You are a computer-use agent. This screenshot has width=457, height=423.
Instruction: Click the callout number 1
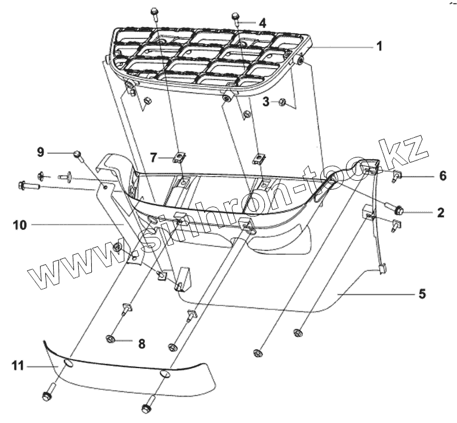379,46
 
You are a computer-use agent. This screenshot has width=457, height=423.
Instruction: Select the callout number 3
265,102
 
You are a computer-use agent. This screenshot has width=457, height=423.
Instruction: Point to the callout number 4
261,22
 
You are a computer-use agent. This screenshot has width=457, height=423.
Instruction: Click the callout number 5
422,294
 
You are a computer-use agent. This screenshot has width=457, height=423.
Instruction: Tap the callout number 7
153,158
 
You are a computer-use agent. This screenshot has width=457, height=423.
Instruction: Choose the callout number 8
141,344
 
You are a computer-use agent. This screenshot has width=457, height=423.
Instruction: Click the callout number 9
41,153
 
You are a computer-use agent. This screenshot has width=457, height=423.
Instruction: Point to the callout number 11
18,366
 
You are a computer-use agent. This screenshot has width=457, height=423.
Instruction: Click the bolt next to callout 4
235,18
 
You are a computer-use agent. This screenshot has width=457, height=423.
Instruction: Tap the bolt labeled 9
77,155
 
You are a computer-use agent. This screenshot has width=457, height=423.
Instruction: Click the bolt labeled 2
399,209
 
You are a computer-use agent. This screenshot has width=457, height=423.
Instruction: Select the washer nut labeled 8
111,339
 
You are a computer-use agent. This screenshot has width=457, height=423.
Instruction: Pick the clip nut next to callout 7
178,158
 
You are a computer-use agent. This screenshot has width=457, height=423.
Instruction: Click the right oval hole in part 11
165,375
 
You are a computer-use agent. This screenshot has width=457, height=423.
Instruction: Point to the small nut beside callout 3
283,103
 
